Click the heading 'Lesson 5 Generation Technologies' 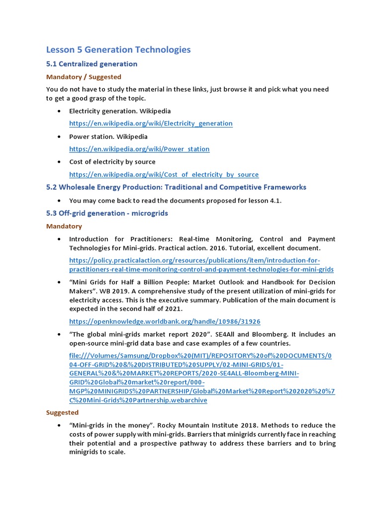tap(118, 49)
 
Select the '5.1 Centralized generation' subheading tap(92, 64)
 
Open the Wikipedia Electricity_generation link tap(151, 124)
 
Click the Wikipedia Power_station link tap(139, 149)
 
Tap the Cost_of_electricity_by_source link tap(164, 175)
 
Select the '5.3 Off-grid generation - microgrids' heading tap(107, 213)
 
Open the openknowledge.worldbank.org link tap(165, 322)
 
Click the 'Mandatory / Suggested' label tap(84, 77)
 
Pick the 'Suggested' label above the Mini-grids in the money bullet tap(62, 412)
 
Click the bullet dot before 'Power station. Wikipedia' tap(60, 136)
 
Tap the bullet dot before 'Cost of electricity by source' tap(60, 162)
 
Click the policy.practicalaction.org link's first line tap(194, 260)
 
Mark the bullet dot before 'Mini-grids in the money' tap(60, 425)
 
